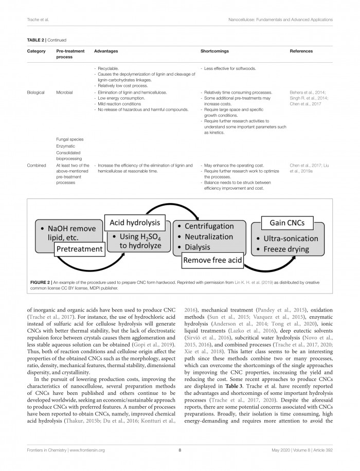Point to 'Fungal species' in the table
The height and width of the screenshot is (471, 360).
(x=69, y=139)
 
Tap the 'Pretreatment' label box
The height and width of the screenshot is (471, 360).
(x=79, y=249)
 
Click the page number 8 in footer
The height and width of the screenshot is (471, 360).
(x=179, y=450)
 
